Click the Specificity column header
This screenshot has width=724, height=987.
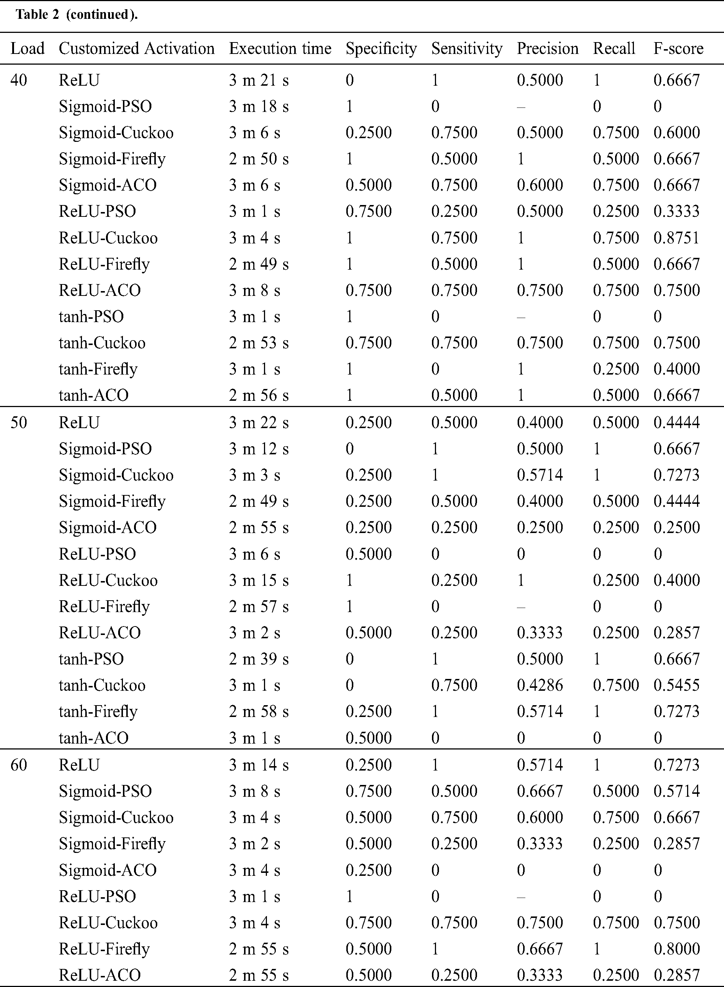(x=381, y=49)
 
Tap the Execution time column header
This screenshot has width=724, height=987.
(x=280, y=49)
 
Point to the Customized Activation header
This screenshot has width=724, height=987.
(x=137, y=49)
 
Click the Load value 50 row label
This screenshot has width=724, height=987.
(x=18, y=422)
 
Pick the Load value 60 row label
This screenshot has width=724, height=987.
(x=18, y=765)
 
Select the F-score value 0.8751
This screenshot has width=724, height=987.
(x=676, y=238)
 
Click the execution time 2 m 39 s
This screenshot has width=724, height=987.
(x=258, y=659)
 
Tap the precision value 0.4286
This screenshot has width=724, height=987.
(x=539, y=685)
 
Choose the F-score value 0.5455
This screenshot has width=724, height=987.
(x=676, y=685)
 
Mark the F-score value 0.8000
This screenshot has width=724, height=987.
(x=676, y=949)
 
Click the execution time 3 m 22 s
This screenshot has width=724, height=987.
(x=258, y=422)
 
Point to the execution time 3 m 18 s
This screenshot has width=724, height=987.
(x=258, y=106)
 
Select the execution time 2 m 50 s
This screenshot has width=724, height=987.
(x=258, y=159)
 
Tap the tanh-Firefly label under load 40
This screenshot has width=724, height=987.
(x=98, y=369)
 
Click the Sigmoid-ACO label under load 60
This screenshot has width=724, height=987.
(x=108, y=870)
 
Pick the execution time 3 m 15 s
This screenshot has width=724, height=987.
(x=258, y=580)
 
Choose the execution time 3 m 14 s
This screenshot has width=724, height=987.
(x=258, y=765)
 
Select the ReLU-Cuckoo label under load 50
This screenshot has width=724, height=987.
(x=108, y=580)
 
